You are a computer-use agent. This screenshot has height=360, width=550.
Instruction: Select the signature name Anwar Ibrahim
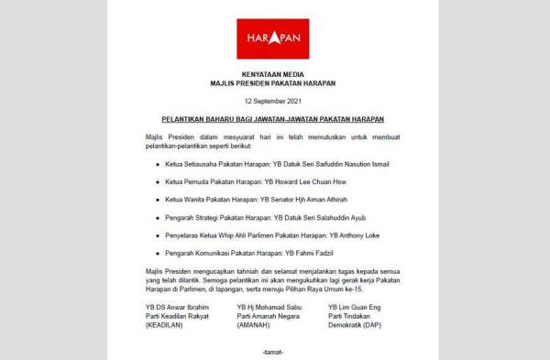pos(184,308)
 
